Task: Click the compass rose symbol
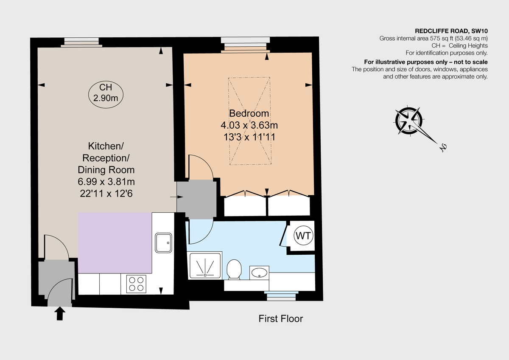pos(408,121)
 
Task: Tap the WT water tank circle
pos(302,236)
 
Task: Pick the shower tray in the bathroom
pos(205,266)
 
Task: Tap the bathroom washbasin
pos(259,272)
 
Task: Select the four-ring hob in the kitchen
pos(137,284)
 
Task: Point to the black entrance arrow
pos(60,314)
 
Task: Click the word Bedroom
pos(249,113)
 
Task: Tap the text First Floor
pos(281,318)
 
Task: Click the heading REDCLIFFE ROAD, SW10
pos(450,31)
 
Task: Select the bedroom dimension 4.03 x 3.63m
pos(249,125)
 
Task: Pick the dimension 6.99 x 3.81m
pos(106,182)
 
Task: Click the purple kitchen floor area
pos(115,242)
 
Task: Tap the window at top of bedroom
pos(246,44)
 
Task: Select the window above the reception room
pos(83,42)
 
